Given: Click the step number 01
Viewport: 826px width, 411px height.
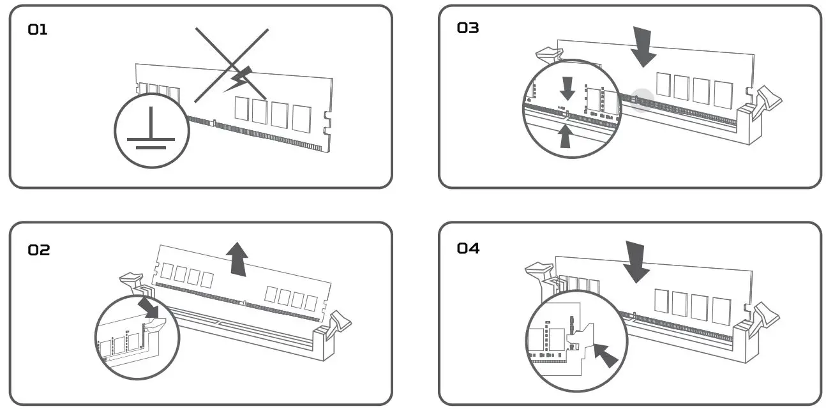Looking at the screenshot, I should click(38, 29).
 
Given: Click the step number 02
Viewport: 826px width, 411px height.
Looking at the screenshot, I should click(38, 250).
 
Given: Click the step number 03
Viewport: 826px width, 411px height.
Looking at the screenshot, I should click(468, 28).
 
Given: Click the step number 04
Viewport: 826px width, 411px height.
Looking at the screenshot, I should click(468, 248).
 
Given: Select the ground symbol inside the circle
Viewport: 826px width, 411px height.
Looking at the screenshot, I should click(152, 130).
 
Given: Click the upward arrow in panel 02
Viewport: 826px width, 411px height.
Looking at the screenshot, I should click(237, 258).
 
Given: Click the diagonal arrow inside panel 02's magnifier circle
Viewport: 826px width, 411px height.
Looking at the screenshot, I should click(151, 306).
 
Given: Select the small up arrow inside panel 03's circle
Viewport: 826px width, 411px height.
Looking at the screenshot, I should click(565, 136).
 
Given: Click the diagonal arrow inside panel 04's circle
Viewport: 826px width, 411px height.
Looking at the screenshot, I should click(606, 355).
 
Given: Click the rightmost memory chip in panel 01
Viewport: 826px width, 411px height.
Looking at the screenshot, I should click(301, 119).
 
